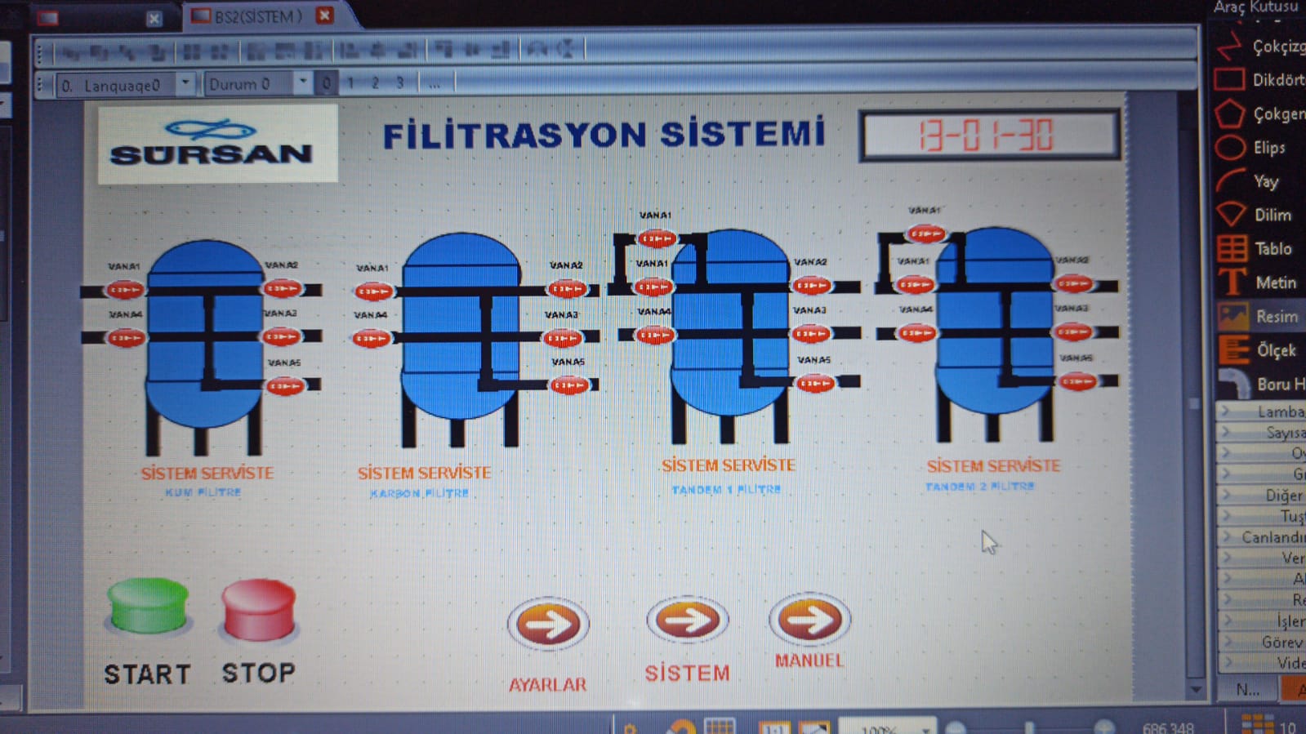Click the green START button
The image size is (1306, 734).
click(x=148, y=606)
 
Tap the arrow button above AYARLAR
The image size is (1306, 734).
click(x=548, y=625)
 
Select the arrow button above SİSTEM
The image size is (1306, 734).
click(x=687, y=620)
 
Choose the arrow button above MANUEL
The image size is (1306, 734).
click(x=809, y=619)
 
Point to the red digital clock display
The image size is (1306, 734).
click(x=988, y=136)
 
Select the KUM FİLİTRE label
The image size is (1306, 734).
click(x=203, y=492)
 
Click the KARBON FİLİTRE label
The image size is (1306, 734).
click(x=419, y=493)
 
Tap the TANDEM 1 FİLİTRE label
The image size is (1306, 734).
click(x=725, y=489)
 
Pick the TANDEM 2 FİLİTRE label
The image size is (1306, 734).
click(x=979, y=486)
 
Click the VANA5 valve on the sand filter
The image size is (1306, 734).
click(x=285, y=385)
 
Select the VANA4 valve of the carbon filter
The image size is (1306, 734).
click(x=372, y=338)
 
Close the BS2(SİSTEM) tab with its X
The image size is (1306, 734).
click(x=324, y=15)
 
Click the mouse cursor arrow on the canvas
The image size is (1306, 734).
click(x=988, y=541)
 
